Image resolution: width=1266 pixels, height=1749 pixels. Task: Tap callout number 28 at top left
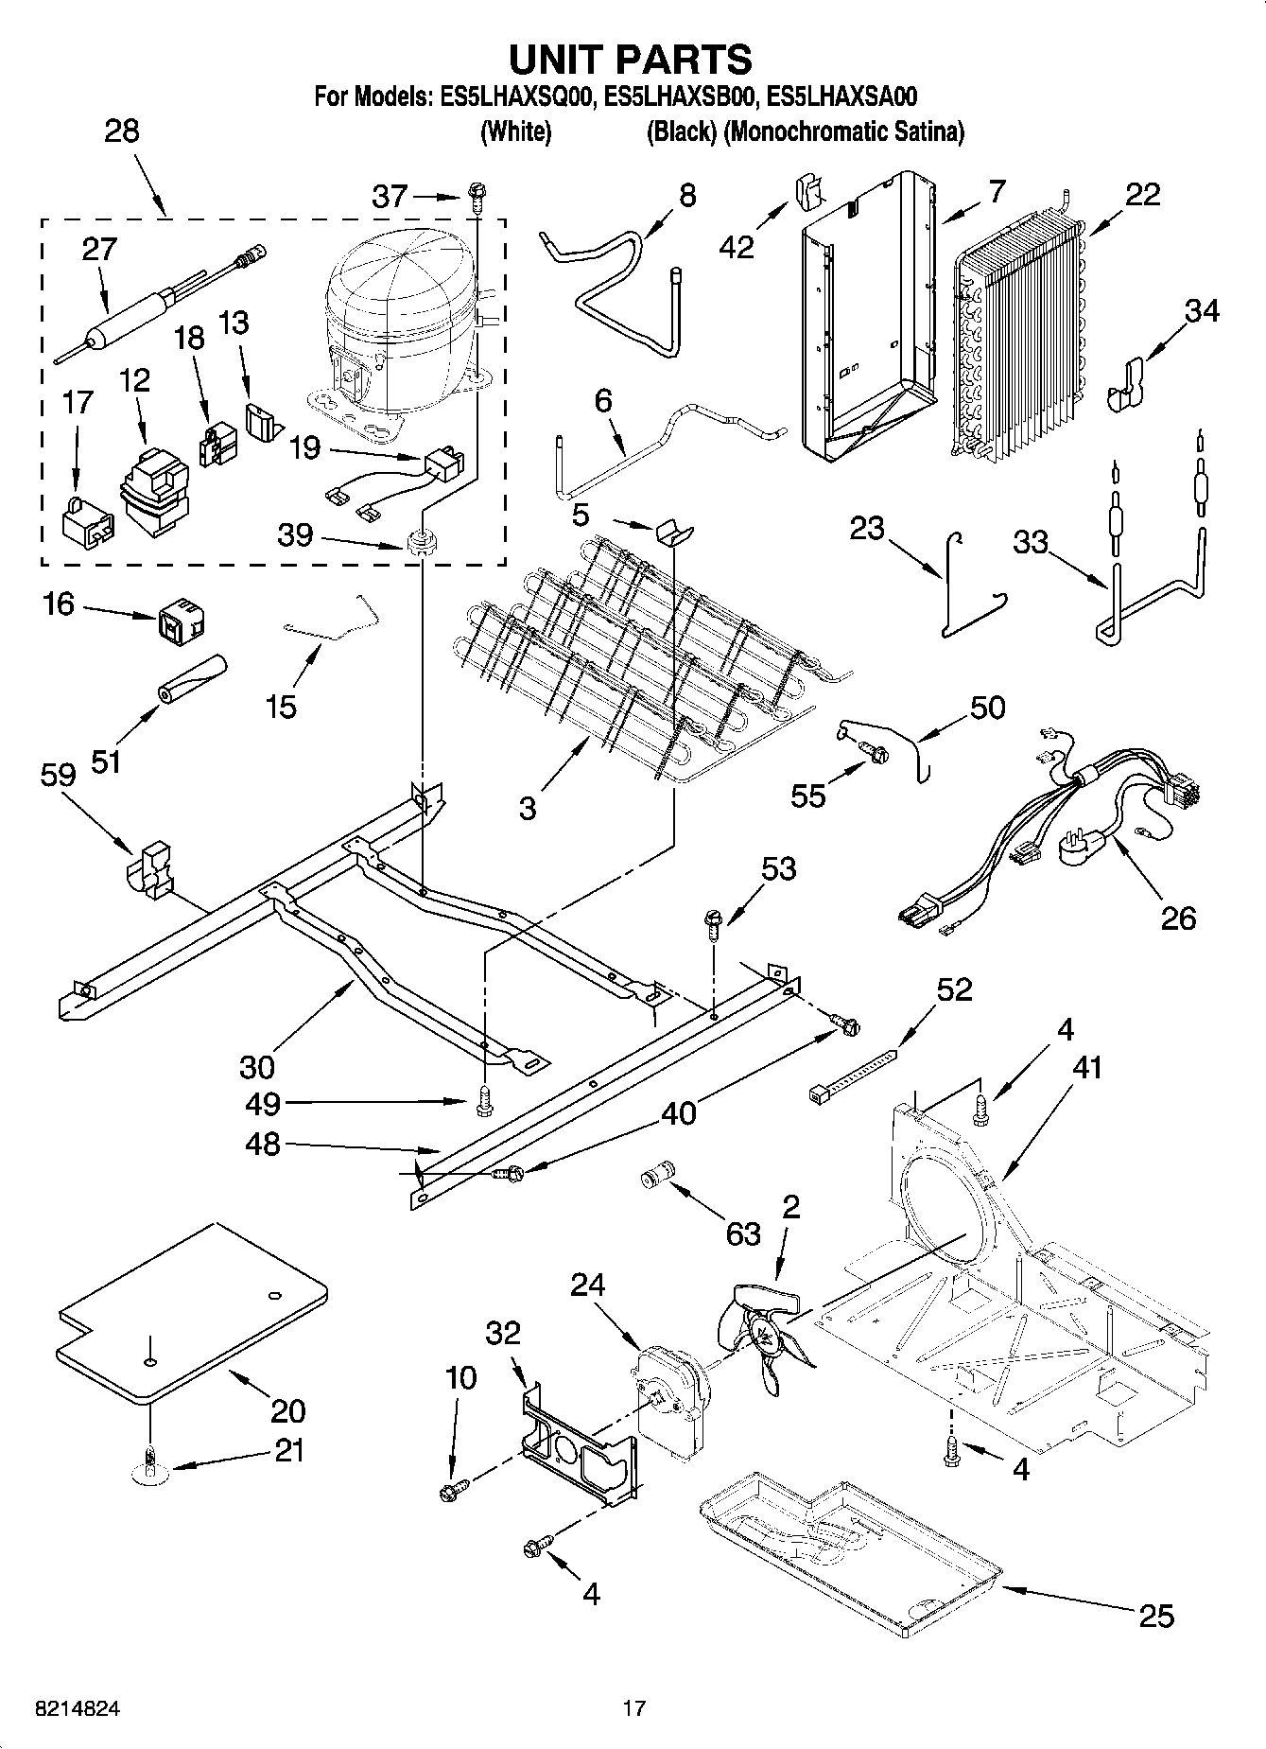[x=122, y=131]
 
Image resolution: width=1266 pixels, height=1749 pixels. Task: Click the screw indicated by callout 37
[x=477, y=198]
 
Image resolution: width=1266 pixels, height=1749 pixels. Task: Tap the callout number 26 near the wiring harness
[x=1178, y=917]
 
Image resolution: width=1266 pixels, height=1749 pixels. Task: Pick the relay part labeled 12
[x=151, y=492]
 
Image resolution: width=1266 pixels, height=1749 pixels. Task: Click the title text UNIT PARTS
[x=631, y=59]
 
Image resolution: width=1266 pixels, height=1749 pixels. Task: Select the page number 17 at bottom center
[x=633, y=1708]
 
